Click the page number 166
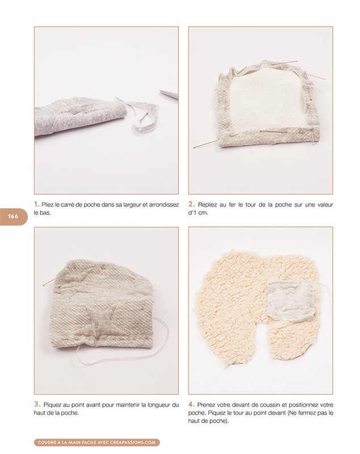[x=13, y=216]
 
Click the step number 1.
[x=36, y=204]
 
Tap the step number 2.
[x=191, y=204]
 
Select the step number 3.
[x=37, y=404]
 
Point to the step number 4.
[x=191, y=404]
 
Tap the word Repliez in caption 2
[x=207, y=205]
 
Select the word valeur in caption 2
[x=325, y=205]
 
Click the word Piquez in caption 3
[x=51, y=405]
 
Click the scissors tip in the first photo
[x=160, y=91]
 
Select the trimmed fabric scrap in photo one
[x=140, y=113]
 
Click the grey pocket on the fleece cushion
[x=290, y=300]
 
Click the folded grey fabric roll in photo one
[x=82, y=117]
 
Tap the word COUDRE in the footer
[x=47, y=442]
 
